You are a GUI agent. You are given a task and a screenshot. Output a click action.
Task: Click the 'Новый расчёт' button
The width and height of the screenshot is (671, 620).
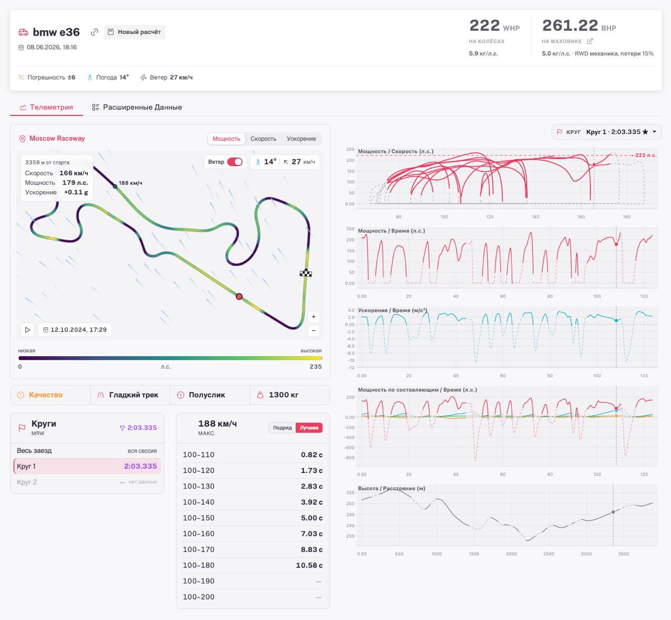[x=135, y=32]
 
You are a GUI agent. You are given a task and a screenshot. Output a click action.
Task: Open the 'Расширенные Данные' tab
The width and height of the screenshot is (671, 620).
[x=137, y=107]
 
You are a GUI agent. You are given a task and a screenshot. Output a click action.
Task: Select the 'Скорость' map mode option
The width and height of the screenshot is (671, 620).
[x=263, y=139]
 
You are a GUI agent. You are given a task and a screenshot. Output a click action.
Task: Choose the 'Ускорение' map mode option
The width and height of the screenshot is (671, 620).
[x=301, y=139]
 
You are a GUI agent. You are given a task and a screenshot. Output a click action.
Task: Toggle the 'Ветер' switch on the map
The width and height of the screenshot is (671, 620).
[x=235, y=162]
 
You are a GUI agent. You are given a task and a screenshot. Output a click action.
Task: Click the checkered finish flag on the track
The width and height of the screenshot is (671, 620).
[x=306, y=273]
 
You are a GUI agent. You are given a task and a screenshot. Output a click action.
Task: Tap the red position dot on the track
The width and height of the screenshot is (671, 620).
[x=239, y=296]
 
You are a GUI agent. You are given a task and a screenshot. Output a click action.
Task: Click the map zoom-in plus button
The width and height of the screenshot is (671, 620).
[x=313, y=317]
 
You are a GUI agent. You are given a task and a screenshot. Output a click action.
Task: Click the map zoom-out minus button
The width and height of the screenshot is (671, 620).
[x=313, y=331]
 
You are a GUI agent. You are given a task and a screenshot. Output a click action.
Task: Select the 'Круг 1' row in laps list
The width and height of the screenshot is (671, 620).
[x=87, y=466]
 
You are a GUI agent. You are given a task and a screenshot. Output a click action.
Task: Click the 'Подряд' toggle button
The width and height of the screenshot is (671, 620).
[x=282, y=428]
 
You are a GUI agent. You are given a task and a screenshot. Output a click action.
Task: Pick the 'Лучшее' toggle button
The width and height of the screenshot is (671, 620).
[x=309, y=428]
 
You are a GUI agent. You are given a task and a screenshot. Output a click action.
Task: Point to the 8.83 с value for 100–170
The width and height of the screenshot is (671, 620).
[x=311, y=549]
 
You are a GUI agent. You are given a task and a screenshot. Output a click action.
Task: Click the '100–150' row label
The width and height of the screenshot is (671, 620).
[x=199, y=518]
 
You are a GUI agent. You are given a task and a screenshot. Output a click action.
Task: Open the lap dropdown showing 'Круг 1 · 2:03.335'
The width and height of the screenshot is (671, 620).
[x=607, y=132]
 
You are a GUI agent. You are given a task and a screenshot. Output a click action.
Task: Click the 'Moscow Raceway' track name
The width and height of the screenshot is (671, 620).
[x=57, y=138]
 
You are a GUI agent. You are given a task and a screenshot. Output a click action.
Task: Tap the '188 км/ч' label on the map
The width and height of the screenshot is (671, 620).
[x=131, y=183]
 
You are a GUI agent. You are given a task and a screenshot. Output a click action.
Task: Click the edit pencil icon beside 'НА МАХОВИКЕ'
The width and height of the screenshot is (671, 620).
[x=590, y=41]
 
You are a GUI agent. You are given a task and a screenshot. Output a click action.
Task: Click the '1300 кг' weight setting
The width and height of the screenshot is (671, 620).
[x=284, y=395]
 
